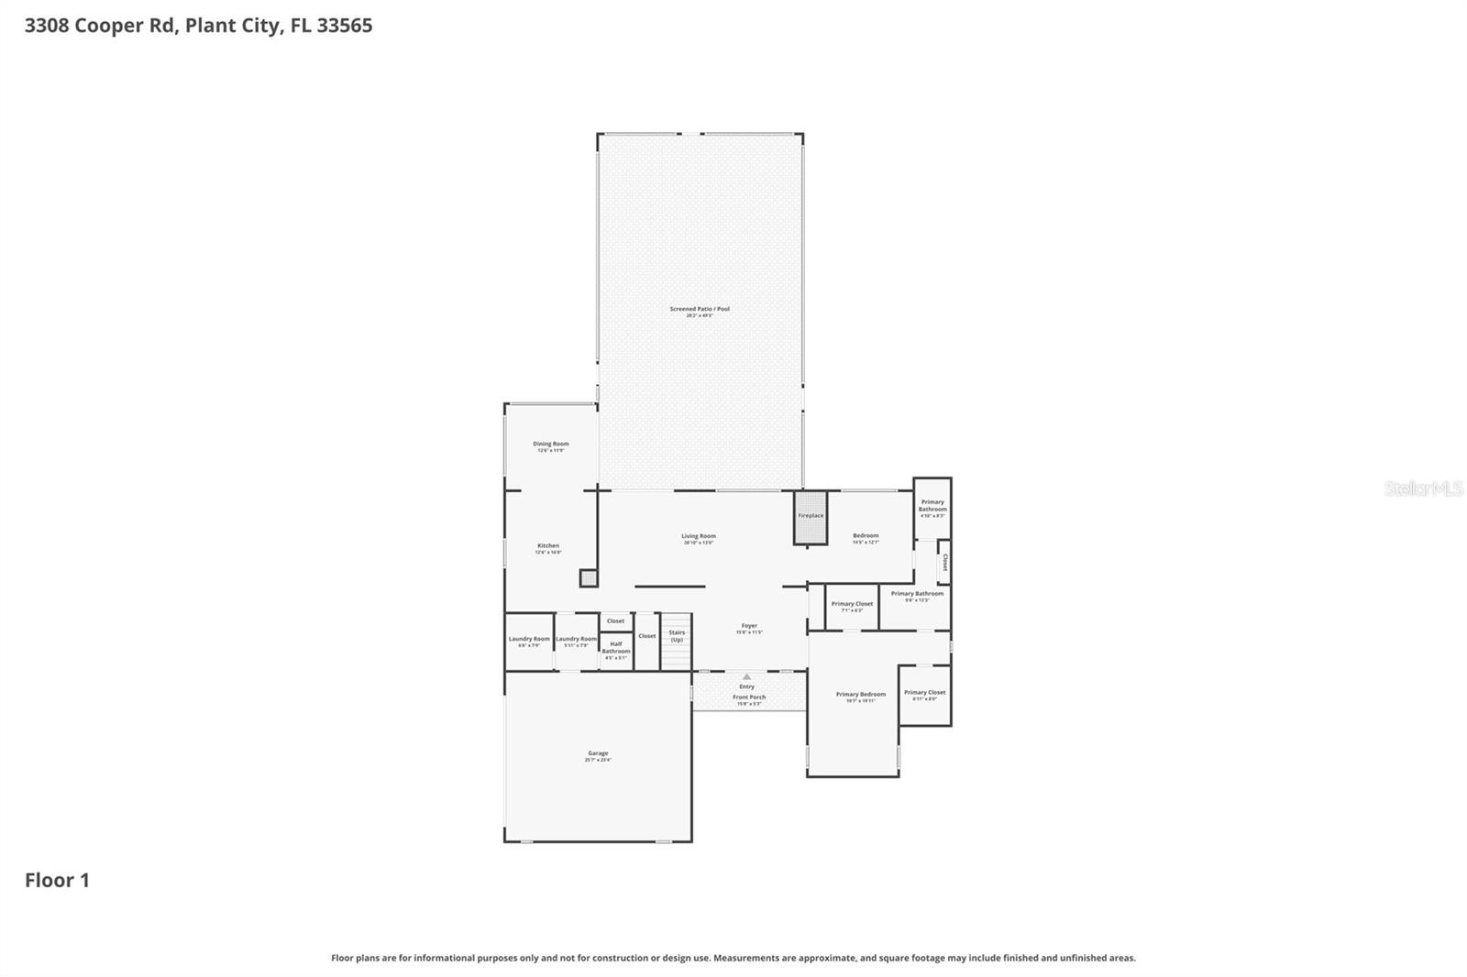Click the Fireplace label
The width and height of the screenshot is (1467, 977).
tap(811, 516)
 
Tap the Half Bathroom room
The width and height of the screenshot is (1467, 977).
tap(616, 650)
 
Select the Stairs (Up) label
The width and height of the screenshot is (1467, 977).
tap(677, 635)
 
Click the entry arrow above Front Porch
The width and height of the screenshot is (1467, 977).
tap(746, 676)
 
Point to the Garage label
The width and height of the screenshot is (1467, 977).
tap(598, 753)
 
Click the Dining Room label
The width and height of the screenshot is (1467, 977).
tap(551, 445)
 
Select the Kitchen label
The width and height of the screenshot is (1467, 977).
tap(548, 546)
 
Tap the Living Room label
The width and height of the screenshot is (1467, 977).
tap(699, 537)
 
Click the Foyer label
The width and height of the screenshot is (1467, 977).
tap(749, 626)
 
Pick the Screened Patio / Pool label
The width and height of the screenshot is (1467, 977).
tap(700, 310)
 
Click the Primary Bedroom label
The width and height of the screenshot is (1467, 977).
tap(861, 695)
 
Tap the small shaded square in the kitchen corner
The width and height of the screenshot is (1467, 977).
tap(589, 578)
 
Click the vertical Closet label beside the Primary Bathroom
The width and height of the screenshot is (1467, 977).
tap(944, 562)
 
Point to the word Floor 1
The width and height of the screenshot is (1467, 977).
tap(57, 881)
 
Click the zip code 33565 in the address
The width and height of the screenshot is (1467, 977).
tap(345, 26)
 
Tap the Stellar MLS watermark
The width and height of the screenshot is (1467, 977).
tap(1423, 488)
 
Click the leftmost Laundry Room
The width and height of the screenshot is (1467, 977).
tap(529, 640)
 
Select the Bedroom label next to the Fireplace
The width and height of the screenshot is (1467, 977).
tap(866, 536)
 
